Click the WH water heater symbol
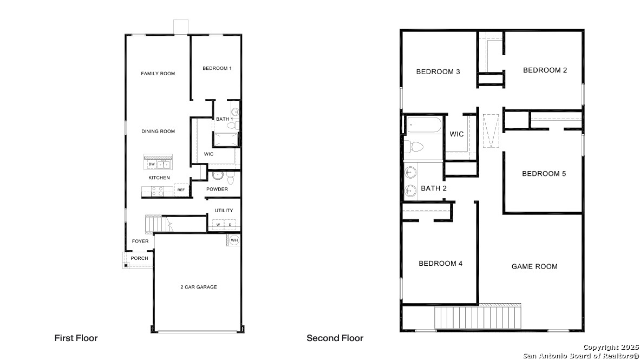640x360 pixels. tap(234, 240)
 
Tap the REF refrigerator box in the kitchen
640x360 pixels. tap(181, 190)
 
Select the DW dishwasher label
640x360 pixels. tap(152, 164)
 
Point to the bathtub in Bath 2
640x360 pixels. tap(425, 125)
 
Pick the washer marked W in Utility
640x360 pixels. tap(218, 225)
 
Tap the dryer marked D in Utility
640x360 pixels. tap(230, 225)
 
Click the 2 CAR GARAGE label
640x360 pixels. tap(199, 287)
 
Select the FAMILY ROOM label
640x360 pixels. tap(158, 74)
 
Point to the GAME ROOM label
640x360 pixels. tap(534, 266)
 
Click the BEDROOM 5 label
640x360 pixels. tap(544, 173)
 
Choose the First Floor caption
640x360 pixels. tap(76, 338)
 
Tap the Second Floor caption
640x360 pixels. tap(335, 338)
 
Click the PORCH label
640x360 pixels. tap(139, 258)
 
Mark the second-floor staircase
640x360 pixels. tap(478, 317)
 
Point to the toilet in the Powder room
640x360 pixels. tap(231, 178)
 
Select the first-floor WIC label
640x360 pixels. tap(208, 154)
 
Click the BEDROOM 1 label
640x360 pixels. tap(217, 68)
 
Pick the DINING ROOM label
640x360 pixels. tap(158, 131)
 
